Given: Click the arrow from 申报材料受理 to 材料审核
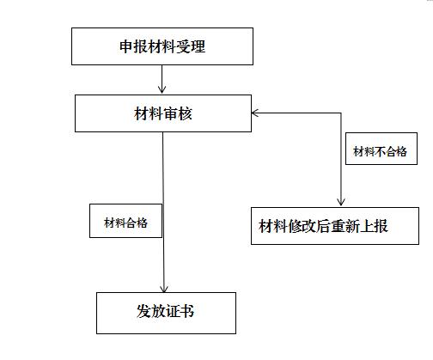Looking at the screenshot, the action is coord(162,79).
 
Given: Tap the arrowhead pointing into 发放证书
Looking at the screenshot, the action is coord(163,289).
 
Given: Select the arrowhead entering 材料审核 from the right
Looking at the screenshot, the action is coord(255,113).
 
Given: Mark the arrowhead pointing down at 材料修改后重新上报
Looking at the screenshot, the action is coord(341,202).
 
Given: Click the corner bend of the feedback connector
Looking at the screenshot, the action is coord(341,113).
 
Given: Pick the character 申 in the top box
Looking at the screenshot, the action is coord(126,46).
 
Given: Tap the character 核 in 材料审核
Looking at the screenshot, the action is coord(185,113).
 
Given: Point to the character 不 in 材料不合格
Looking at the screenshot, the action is coord(381,151).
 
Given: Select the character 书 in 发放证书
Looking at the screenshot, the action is coord(187,311).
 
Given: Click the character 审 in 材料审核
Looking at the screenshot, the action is coord(170,113).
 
